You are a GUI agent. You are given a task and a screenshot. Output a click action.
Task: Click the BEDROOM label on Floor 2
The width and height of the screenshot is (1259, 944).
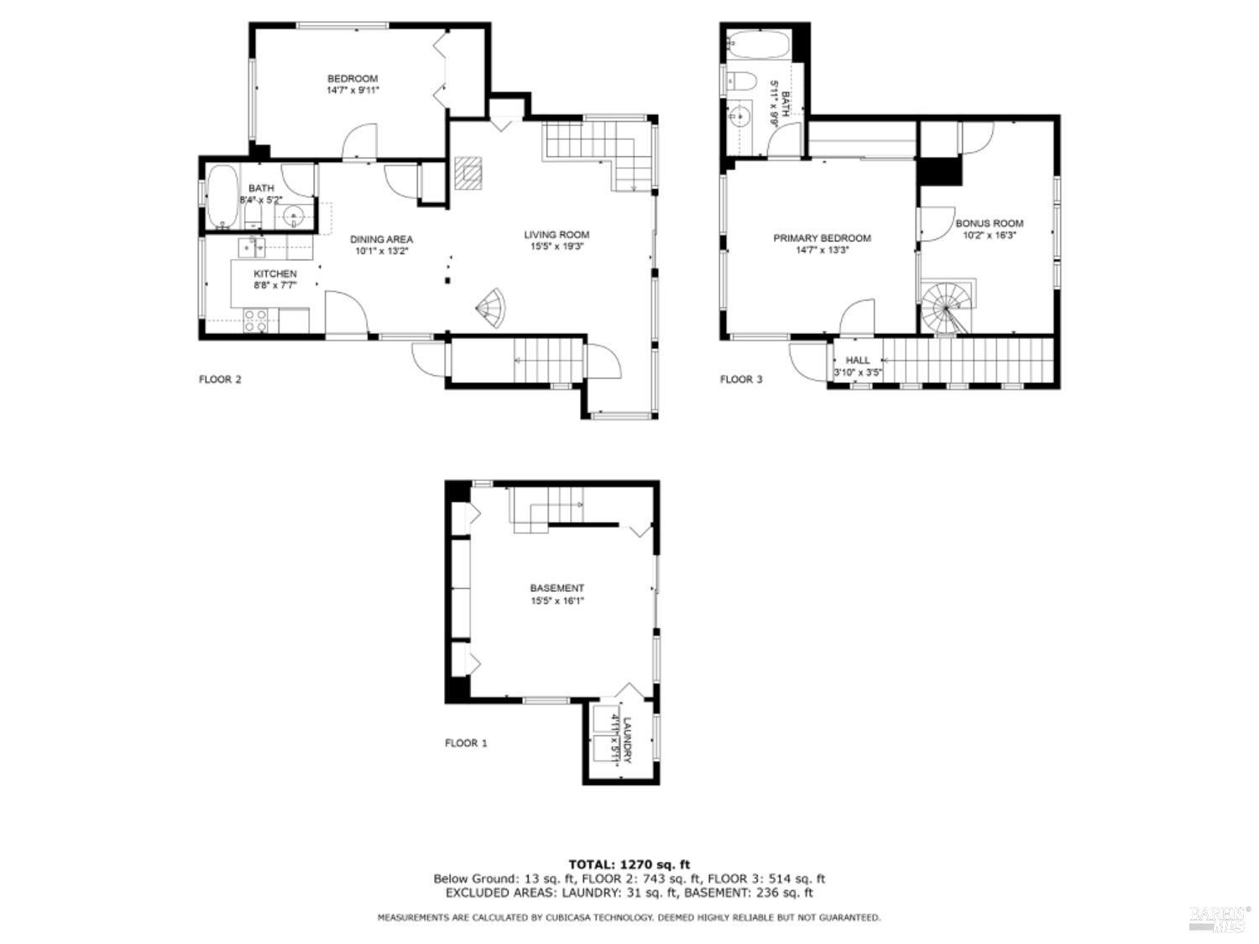tap(353, 79)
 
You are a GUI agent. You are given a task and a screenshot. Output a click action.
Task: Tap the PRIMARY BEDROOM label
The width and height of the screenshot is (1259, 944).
tap(822, 238)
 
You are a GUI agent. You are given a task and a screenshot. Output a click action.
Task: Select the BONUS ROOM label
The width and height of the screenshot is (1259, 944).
tap(989, 223)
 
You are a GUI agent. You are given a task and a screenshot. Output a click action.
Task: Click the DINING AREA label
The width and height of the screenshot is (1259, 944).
tap(381, 239)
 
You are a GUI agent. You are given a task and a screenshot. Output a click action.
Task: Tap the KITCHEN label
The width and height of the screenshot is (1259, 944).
tap(275, 274)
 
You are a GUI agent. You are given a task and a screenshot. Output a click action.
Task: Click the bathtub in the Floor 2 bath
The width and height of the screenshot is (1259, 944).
tap(222, 198)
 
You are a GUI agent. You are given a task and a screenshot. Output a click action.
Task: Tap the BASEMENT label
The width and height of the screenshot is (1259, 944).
tap(556, 588)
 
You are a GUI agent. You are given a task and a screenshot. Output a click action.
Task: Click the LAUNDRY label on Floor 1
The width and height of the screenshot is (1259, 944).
tap(626, 739)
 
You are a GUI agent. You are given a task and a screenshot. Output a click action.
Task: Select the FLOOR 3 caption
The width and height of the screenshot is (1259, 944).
tap(741, 379)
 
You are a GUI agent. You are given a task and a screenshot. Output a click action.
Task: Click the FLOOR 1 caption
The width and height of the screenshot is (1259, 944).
tap(466, 743)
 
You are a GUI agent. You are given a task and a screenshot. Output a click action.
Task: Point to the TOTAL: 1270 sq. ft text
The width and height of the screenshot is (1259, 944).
tap(629, 863)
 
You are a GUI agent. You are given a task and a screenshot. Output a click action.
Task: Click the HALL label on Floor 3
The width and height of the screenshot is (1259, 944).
tap(857, 360)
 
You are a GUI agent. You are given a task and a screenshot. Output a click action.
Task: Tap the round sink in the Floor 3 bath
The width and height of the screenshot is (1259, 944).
tap(739, 117)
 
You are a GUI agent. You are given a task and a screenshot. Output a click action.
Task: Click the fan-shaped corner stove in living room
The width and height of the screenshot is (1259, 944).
tap(492, 307)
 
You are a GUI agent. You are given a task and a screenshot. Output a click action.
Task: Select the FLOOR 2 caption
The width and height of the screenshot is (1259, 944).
tap(220, 379)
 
